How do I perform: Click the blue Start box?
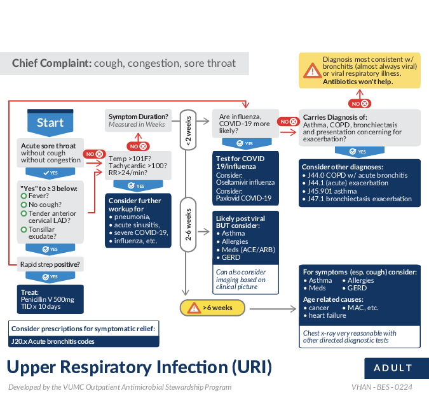pos(50,122)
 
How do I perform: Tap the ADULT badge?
pos(393,368)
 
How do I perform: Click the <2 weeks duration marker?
pos(188,131)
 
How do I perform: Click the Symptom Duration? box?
pos(139,120)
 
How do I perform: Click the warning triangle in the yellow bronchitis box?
pos(311,71)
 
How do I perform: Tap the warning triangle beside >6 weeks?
pos(193,308)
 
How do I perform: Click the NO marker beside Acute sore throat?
pos(95,154)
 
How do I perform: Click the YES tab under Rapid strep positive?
pos(50,277)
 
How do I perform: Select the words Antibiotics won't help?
pos(358,82)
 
